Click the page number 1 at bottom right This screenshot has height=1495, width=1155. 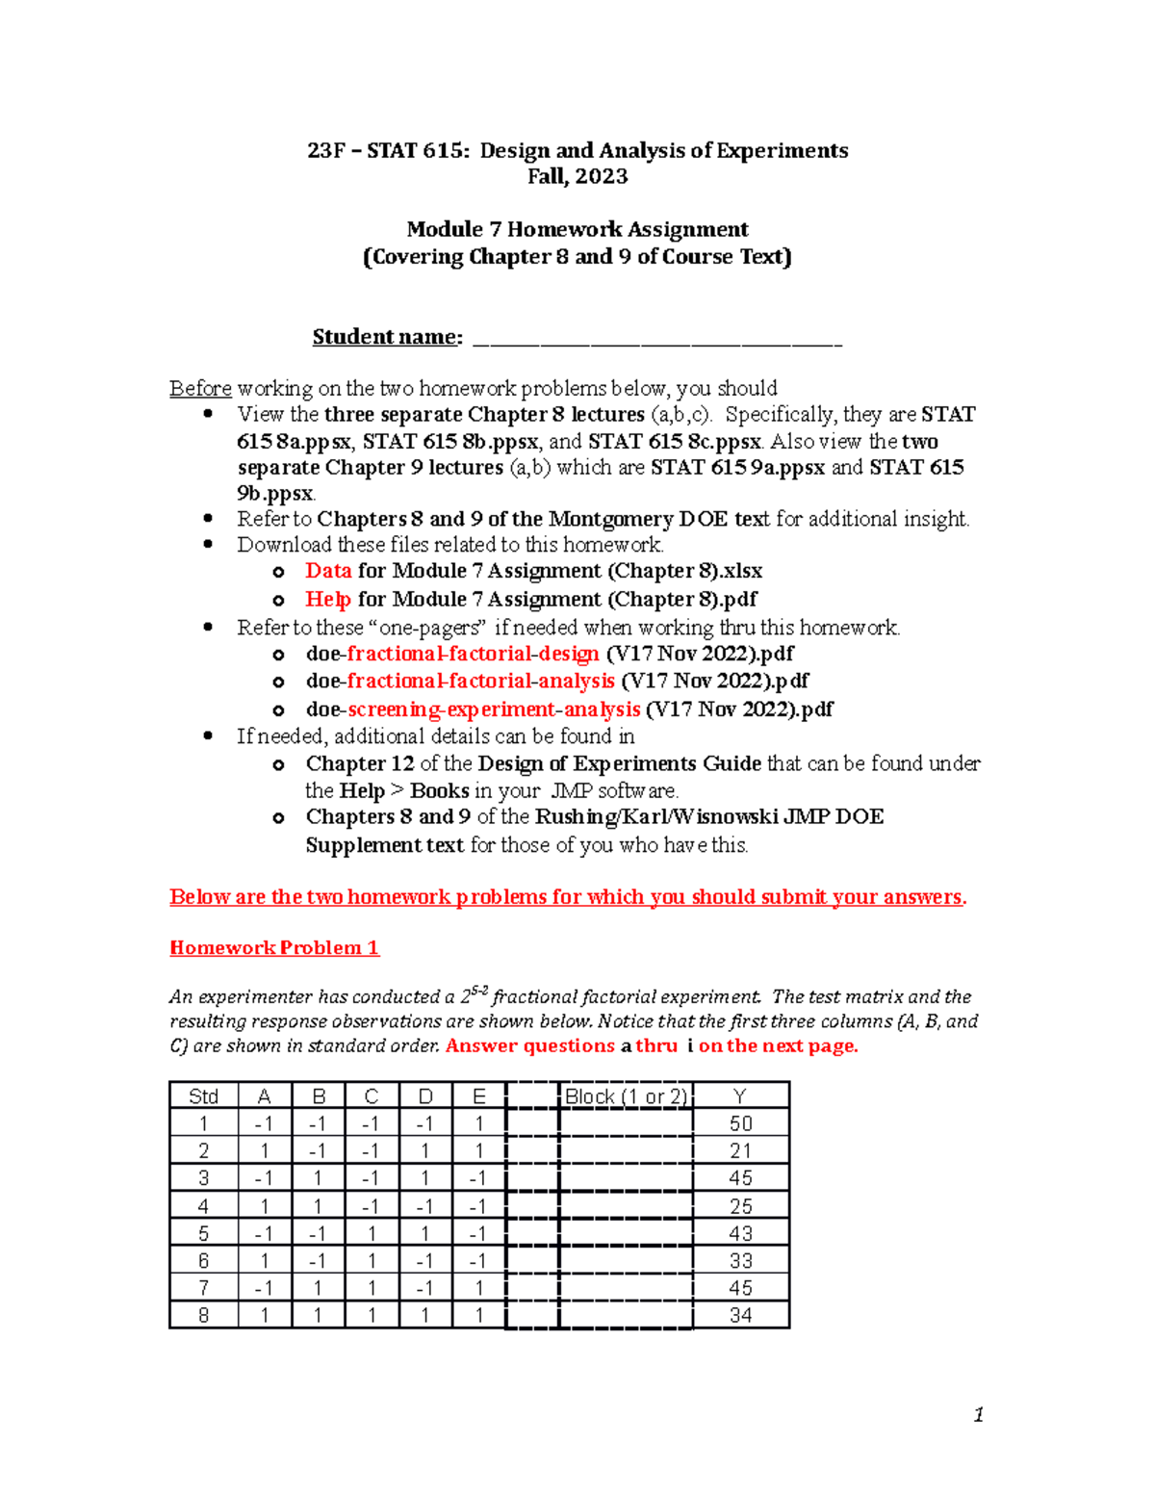point(978,1414)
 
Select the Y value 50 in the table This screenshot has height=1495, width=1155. point(740,1123)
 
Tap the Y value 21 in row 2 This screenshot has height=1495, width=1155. point(740,1150)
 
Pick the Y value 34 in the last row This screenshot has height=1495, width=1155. point(740,1315)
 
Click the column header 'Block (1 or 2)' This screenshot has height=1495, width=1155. point(626,1096)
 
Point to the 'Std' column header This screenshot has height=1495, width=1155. point(203,1096)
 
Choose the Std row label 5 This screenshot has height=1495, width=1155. point(203,1233)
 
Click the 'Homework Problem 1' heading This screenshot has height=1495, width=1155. point(274,948)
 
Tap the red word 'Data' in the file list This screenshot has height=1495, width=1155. point(328,571)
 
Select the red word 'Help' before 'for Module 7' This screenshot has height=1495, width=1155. point(328,599)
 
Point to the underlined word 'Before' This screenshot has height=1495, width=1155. point(200,388)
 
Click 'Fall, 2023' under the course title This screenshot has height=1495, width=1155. point(577,176)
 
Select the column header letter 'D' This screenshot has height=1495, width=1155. point(424,1096)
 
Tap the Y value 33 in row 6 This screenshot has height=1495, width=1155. point(740,1260)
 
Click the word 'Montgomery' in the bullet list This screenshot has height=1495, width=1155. point(610,519)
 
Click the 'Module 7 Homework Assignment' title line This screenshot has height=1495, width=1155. point(577,229)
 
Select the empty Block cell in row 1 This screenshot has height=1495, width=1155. point(626,1123)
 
